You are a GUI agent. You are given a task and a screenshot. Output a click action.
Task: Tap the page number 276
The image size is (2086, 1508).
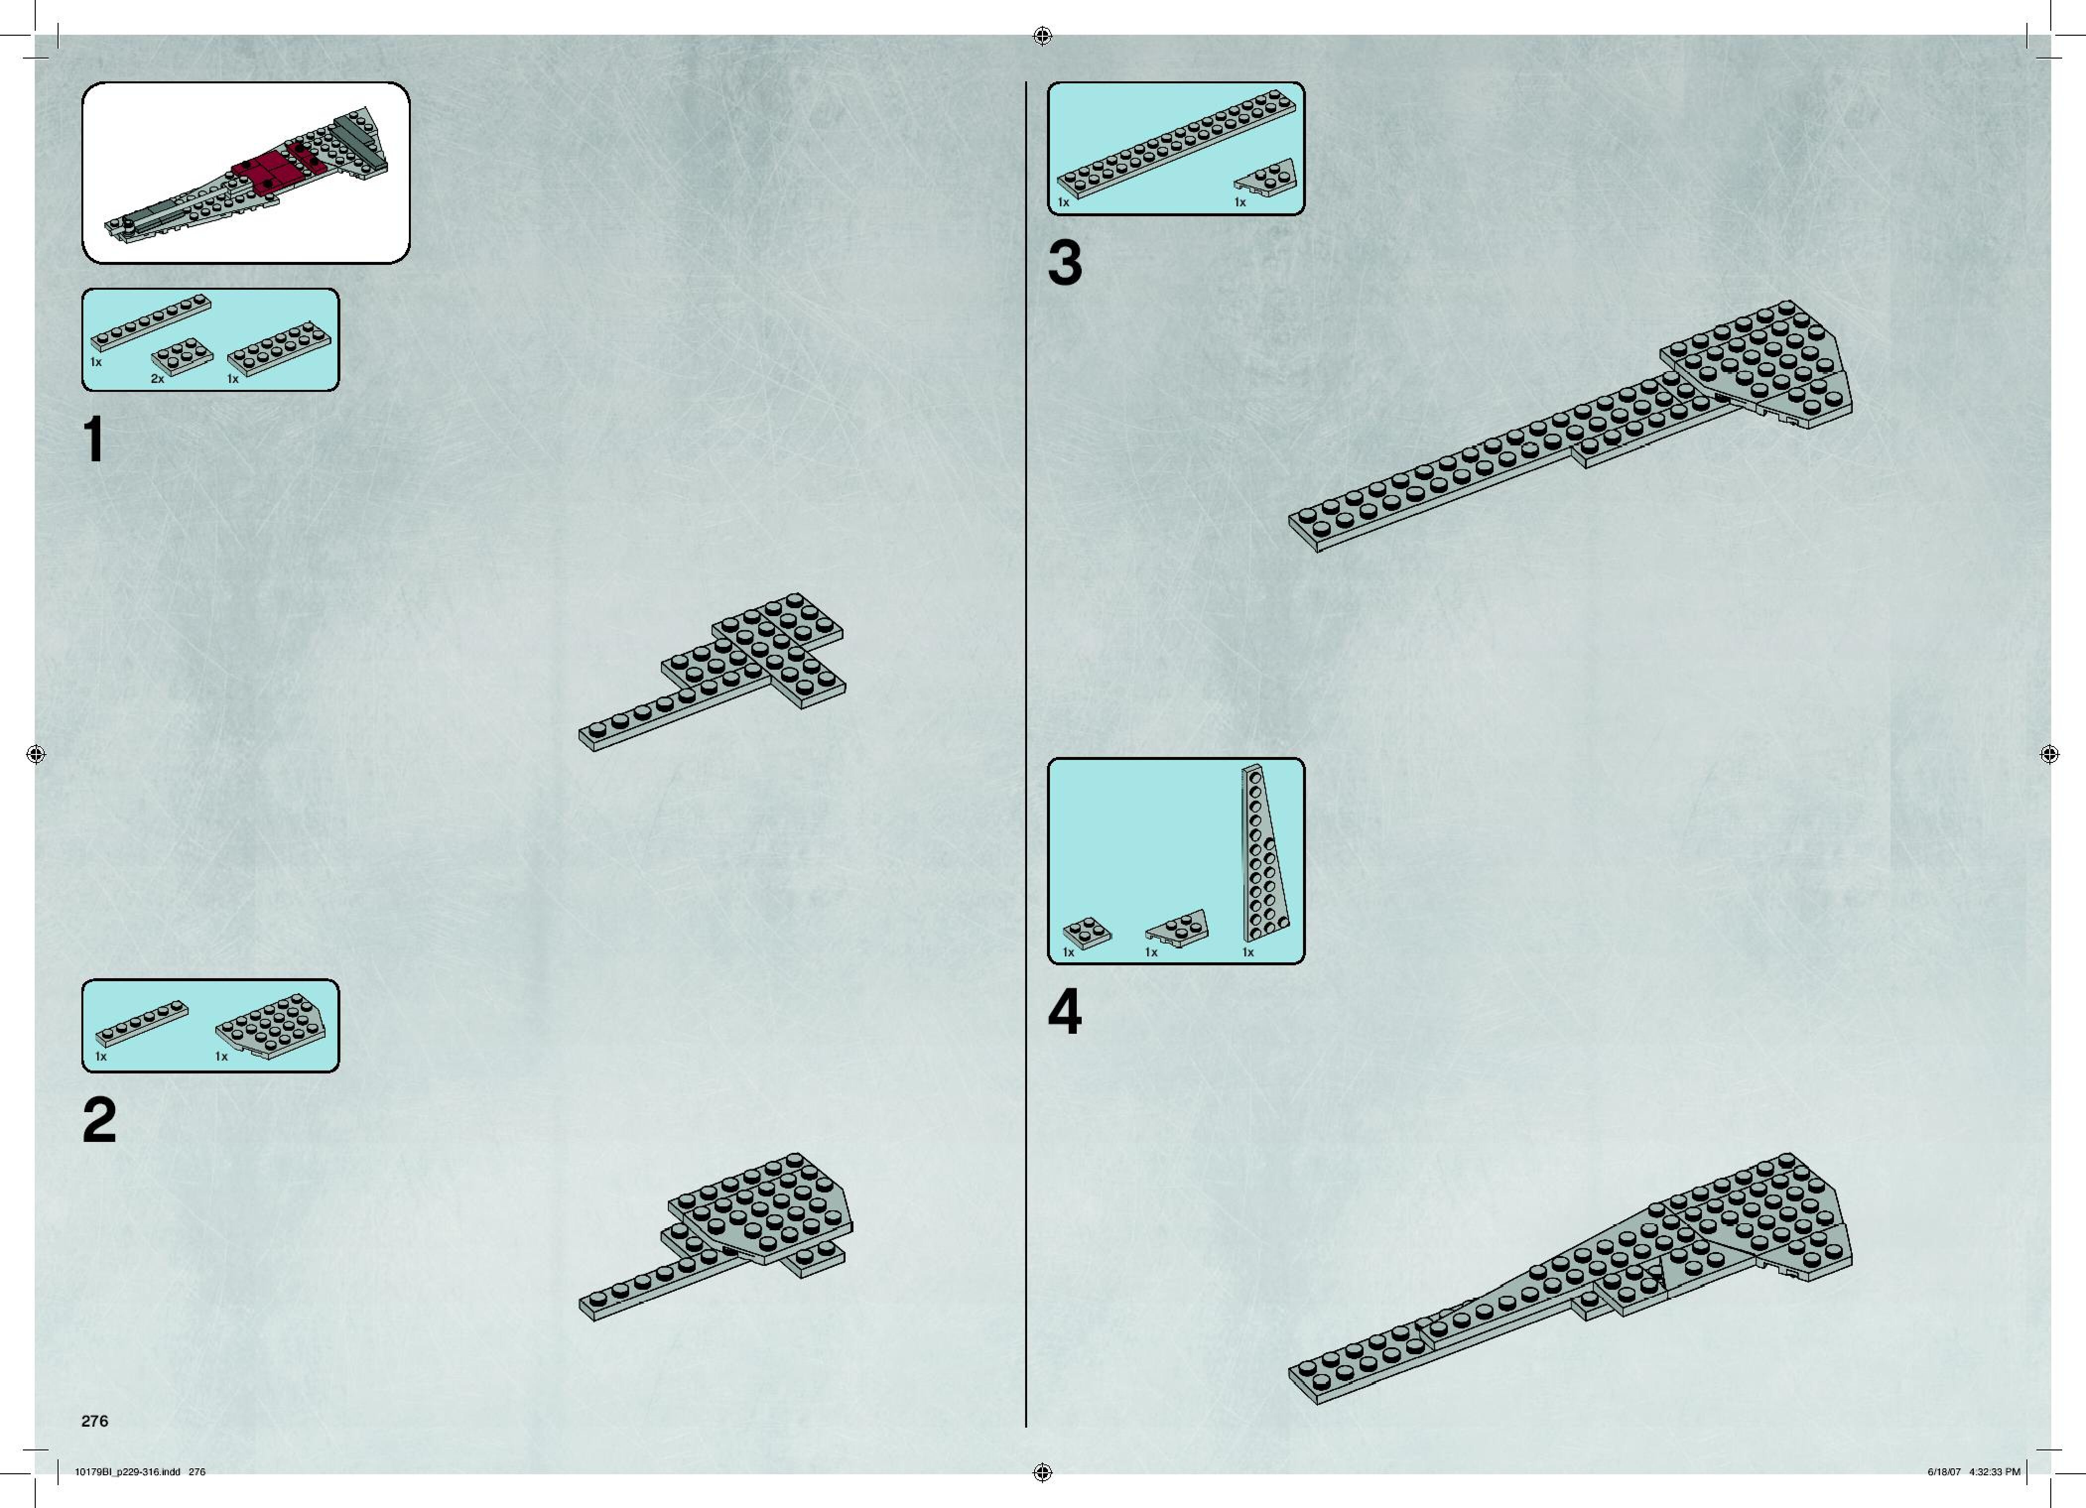pyautogui.click(x=95, y=1421)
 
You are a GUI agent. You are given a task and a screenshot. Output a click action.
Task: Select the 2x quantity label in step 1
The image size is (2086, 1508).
pyautogui.click(x=157, y=379)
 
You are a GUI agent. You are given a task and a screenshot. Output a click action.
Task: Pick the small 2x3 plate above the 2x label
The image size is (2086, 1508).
pyautogui.click(x=182, y=357)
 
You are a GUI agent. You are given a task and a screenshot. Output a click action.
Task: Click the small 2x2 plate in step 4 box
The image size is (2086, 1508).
pyautogui.click(x=1086, y=933)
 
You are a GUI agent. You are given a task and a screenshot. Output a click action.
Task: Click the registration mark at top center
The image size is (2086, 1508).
pyautogui.click(x=1042, y=36)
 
